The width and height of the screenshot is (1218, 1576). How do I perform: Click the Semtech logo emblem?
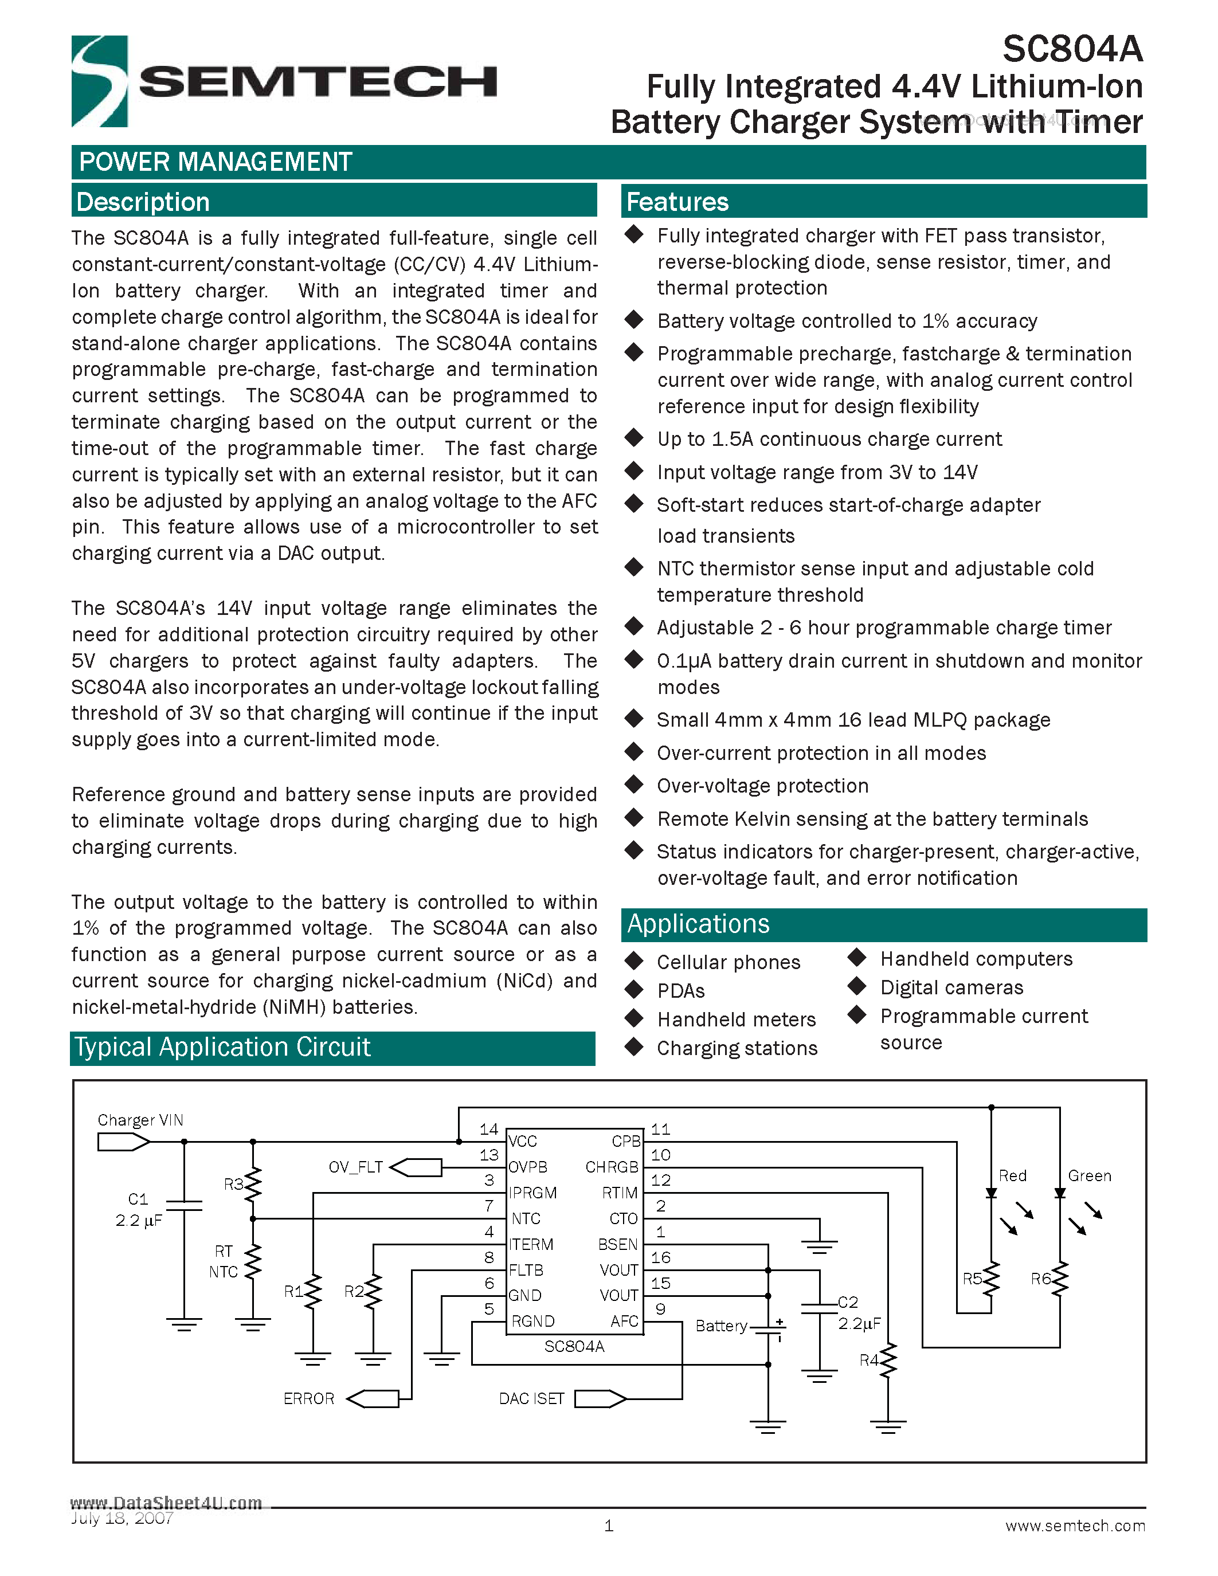pos(100,81)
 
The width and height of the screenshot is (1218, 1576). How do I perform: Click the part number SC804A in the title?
pos(1072,50)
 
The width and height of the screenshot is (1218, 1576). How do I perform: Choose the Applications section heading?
pos(698,924)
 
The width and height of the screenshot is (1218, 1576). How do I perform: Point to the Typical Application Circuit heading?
pos(222,1047)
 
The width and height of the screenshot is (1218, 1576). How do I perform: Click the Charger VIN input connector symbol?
pos(123,1142)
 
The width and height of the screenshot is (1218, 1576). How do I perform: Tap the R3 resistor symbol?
pos(253,1184)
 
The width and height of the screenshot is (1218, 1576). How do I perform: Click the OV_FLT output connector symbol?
pos(416,1167)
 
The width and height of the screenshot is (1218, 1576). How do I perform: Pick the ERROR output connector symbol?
pos(373,1398)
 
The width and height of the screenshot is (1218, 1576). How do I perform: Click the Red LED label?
pos(1012,1175)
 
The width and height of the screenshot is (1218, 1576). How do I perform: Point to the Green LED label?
pos(1089,1175)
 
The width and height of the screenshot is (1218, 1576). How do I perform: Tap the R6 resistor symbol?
pos(1059,1279)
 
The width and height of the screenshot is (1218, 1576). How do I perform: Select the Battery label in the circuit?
pos(721,1326)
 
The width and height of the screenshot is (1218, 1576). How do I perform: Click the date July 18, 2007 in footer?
pos(122,1518)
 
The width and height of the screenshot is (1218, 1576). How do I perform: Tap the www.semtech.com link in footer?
pos(1075,1526)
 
